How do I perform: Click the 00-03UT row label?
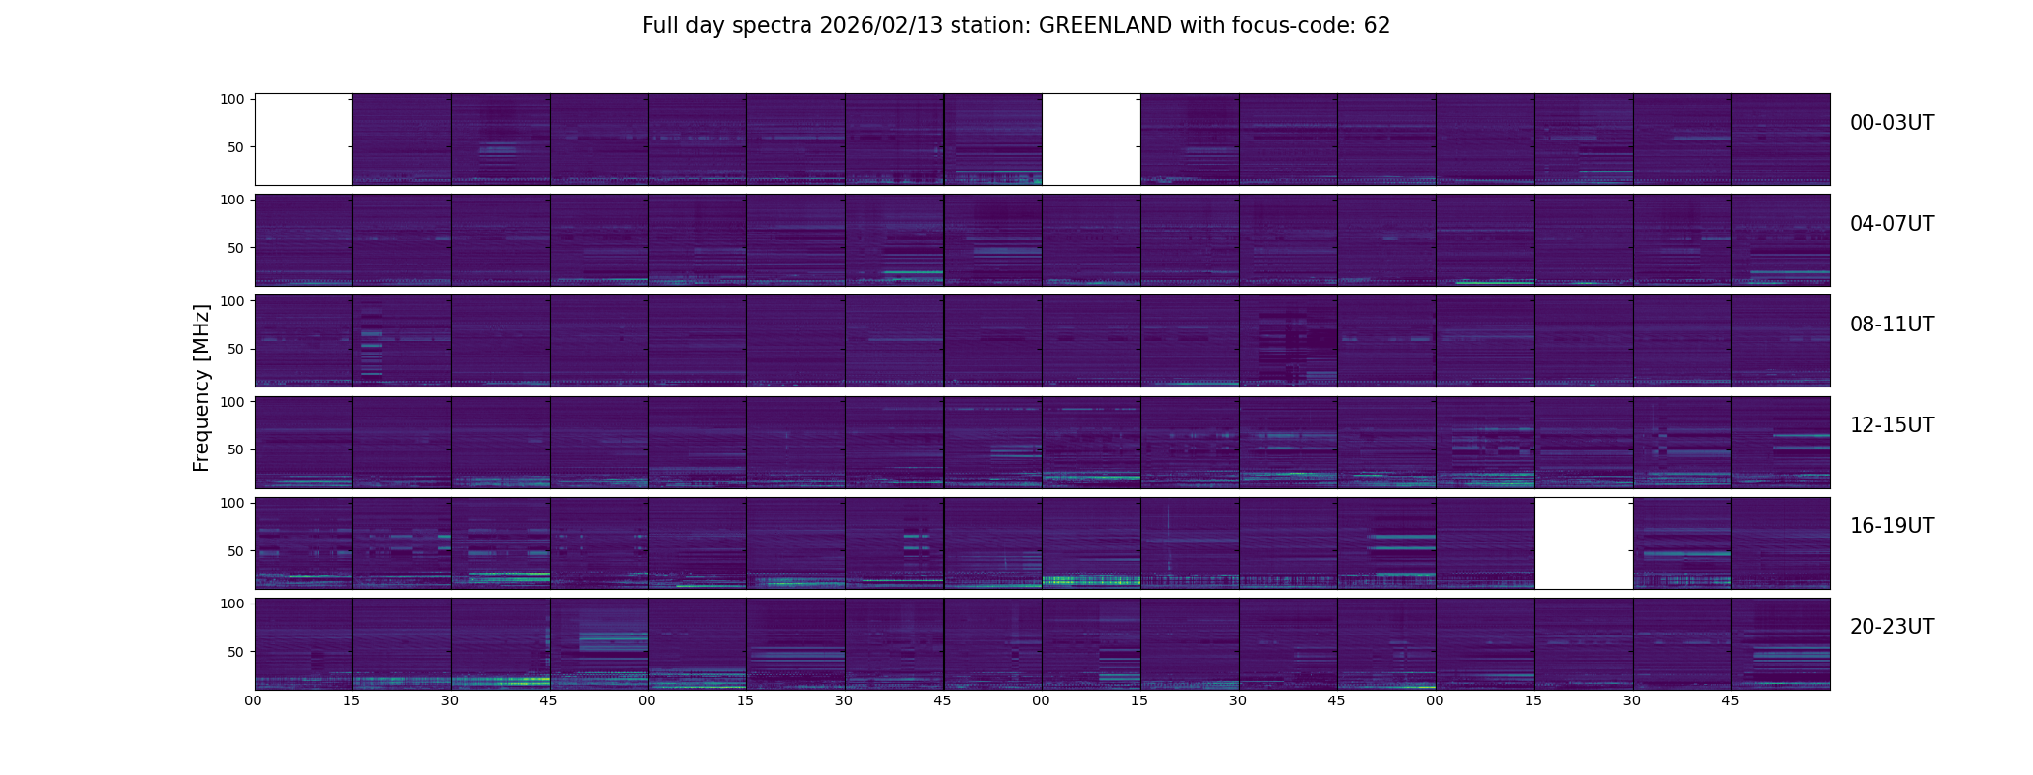click(x=1892, y=123)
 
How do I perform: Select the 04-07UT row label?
click(x=1892, y=224)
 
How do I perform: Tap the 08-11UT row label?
click(x=1892, y=325)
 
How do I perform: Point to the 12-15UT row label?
click(x=1892, y=425)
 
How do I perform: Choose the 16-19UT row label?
click(x=1892, y=526)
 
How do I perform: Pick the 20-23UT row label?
click(x=1892, y=627)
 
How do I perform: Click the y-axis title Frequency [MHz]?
click(x=201, y=388)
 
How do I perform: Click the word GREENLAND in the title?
click(x=1106, y=26)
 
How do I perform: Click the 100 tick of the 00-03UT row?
click(x=232, y=99)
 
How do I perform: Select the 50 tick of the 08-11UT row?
click(x=236, y=349)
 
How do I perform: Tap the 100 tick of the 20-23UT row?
click(x=232, y=604)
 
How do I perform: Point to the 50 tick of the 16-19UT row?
click(x=236, y=551)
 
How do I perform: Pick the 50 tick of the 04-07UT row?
click(x=236, y=248)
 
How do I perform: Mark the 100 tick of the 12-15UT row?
click(x=232, y=402)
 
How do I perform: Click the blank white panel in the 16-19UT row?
click(x=1584, y=543)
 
